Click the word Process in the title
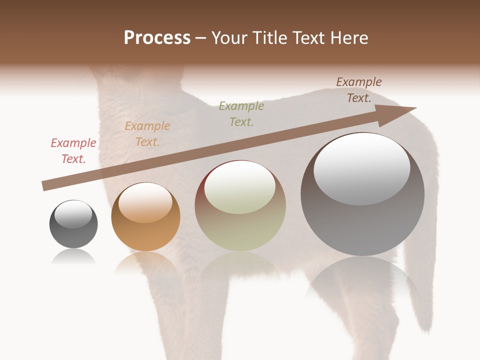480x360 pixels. pyautogui.click(x=157, y=38)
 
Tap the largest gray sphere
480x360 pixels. pyautogui.click(x=362, y=220)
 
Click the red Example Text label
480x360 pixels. pyautogui.click(x=73, y=151)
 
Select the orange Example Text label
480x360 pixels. pyautogui.click(x=147, y=134)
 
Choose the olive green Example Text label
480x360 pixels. pyautogui.click(x=241, y=113)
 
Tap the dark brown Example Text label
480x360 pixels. pyautogui.click(x=358, y=90)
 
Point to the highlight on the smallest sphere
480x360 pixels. pyautogui.click(x=73, y=214)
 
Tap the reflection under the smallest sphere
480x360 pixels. pyautogui.click(x=73, y=257)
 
